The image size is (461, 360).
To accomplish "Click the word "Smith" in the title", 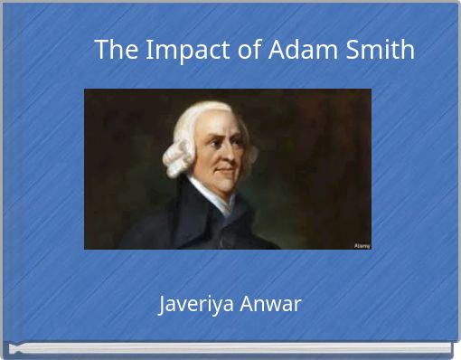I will click(x=381, y=51).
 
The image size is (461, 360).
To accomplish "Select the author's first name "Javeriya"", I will click(x=193, y=305).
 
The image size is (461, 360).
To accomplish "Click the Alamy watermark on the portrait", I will click(x=361, y=244).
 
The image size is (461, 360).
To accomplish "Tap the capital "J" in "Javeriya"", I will click(x=163, y=304).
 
